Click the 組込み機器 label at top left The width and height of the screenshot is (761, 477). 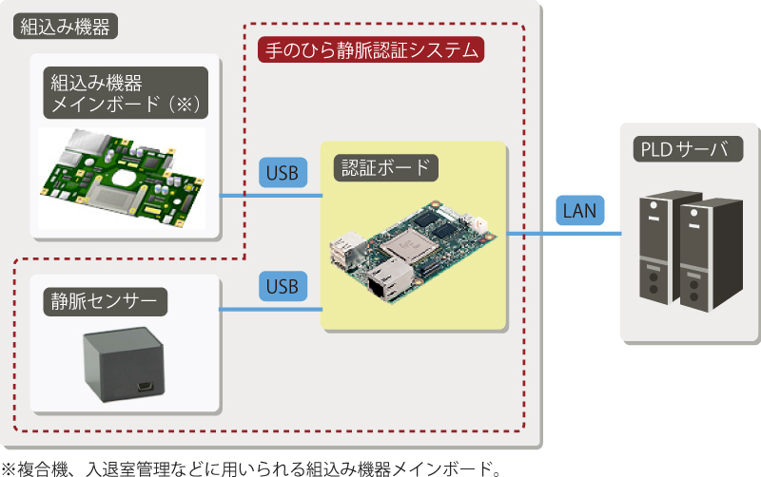[x=66, y=27]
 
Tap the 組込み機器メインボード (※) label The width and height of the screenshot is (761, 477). [x=125, y=92]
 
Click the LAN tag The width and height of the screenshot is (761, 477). [x=579, y=209]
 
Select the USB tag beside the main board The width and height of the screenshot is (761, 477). [x=283, y=173]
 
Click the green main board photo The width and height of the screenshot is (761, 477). [x=122, y=178]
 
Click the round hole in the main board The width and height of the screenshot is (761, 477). [x=125, y=178]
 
